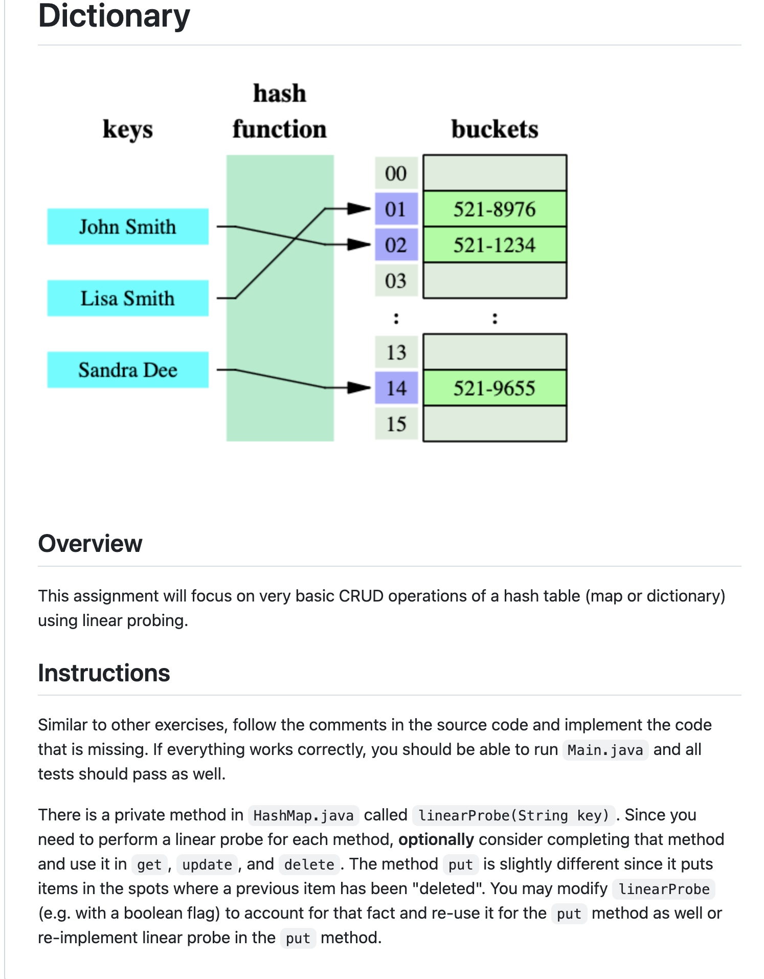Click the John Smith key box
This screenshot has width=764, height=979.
pos(127,227)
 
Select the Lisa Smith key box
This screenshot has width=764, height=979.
pos(127,298)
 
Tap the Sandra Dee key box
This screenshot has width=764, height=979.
pos(127,370)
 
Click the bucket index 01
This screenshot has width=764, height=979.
pos(396,209)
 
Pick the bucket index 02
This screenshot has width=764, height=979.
pos(396,244)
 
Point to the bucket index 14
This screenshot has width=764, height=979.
pos(396,388)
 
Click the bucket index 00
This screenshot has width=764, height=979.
pos(396,173)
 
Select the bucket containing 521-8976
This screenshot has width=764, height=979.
pos(495,209)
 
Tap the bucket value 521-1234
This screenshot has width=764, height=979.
pos(495,244)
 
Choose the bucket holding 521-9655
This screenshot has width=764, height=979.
pos(495,388)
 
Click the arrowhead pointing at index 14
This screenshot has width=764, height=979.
pos(358,388)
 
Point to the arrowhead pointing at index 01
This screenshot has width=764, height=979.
pos(358,209)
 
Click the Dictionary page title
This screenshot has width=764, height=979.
pos(114,16)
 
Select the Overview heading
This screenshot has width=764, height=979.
pos(90,543)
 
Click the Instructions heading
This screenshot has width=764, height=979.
pos(104,673)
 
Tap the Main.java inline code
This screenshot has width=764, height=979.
pos(605,750)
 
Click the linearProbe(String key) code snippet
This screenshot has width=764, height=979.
pos(513,815)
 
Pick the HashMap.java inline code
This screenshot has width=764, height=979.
pos(303,815)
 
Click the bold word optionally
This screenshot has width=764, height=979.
pos(436,839)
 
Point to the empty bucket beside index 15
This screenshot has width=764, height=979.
pos(495,424)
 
